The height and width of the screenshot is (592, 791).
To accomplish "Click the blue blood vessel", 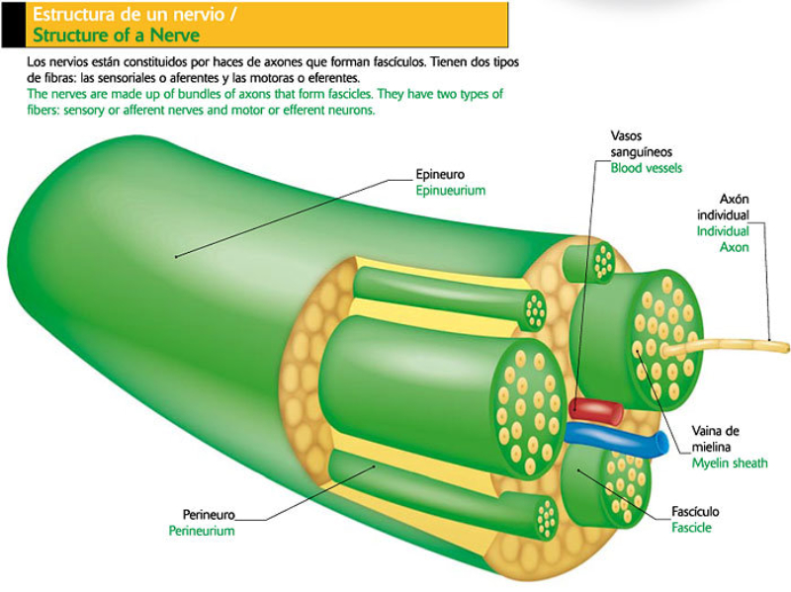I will (x=618, y=441).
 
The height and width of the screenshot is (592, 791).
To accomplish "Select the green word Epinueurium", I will (x=450, y=191).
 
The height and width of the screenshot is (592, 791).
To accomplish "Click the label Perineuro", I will (x=208, y=514).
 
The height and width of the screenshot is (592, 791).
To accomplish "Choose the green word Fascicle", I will (x=691, y=528).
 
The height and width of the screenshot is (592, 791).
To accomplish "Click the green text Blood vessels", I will (x=646, y=168).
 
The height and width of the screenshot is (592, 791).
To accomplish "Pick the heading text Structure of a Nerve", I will (x=117, y=36).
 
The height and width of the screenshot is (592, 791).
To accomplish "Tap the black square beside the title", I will (x=13, y=24).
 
